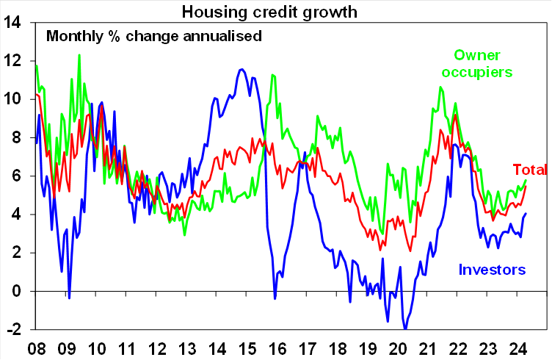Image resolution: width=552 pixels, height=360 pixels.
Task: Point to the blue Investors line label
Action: pyautogui.click(x=492, y=270)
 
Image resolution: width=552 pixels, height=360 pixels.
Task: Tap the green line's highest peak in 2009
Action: pyautogui.click(x=79, y=55)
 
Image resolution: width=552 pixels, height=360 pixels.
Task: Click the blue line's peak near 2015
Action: pyautogui.click(x=242, y=69)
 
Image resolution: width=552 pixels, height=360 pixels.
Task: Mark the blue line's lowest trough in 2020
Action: pyautogui.click(x=405, y=328)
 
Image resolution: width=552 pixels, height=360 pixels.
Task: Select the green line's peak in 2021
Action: pyautogui.click(x=440, y=87)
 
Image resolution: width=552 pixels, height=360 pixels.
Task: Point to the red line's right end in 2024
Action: pyautogui.click(x=526, y=186)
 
